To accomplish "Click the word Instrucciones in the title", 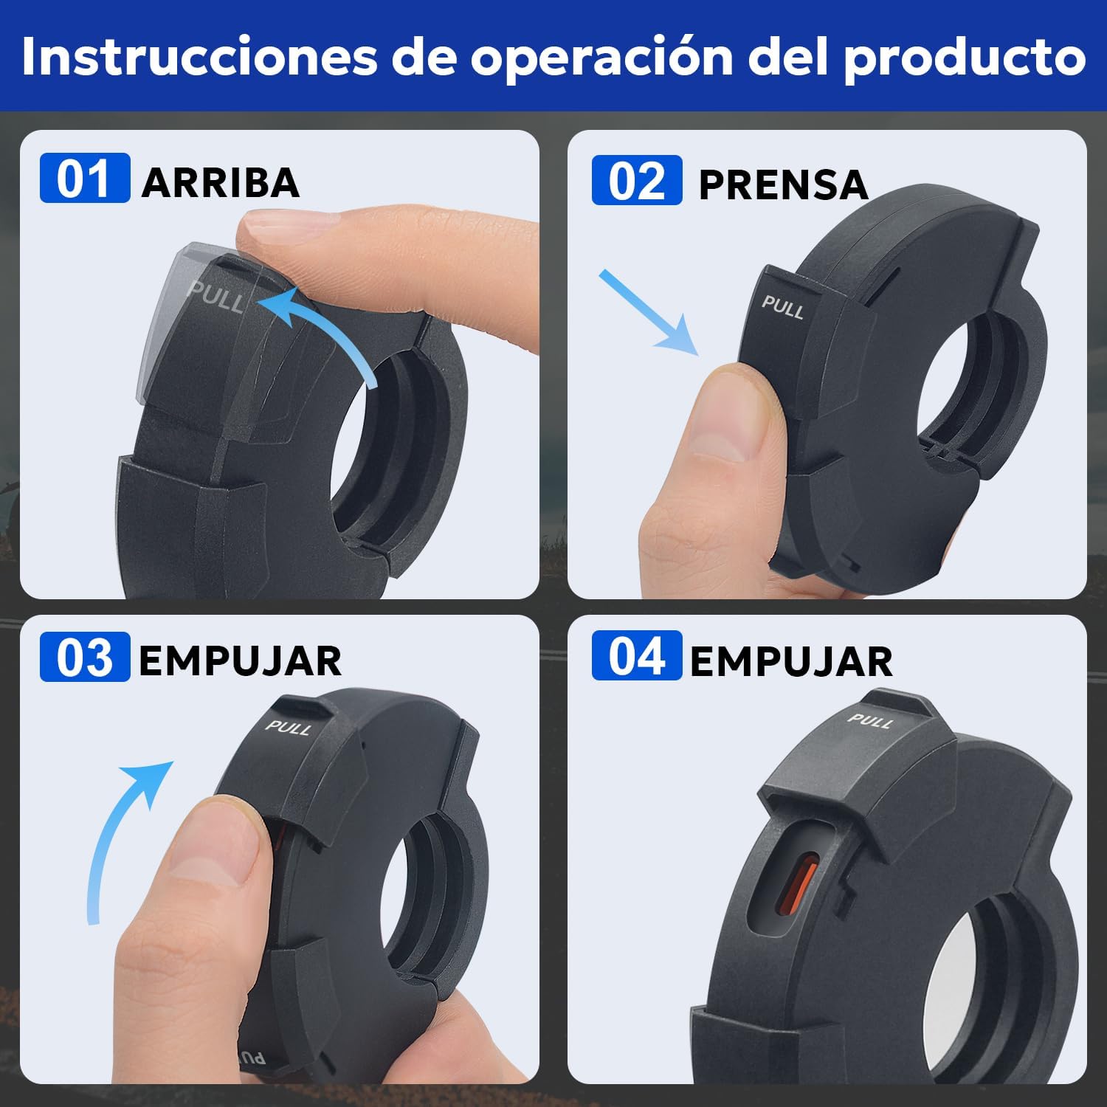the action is pos(199,55).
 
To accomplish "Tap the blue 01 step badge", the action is pos(84,178).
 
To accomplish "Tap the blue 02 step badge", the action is pos(636,180).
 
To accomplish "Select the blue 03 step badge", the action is pos(84,657).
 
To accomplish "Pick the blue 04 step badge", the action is pos(636,655).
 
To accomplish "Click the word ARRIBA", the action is pos(221,182).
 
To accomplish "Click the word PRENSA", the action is pos(783,184).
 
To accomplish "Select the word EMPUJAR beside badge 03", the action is pos(241,661).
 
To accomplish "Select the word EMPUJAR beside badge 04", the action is pos(791,661).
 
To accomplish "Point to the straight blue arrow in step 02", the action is pos(648,311).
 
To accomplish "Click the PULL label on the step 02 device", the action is pos(782,306).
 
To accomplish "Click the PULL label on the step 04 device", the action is pos(871,720).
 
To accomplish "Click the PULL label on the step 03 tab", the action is pos(289,727).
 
